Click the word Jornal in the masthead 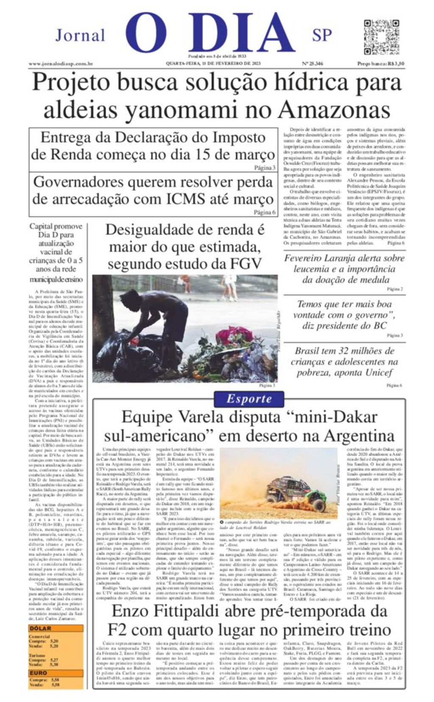[x=80, y=35]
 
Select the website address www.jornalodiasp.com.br [x=61, y=64]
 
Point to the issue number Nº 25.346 [x=312, y=64]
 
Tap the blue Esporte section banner [x=249, y=398]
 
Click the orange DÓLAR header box [x=56, y=629]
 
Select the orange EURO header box [x=56, y=673]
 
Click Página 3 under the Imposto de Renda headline [x=264, y=168]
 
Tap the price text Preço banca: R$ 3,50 [x=380, y=64]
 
